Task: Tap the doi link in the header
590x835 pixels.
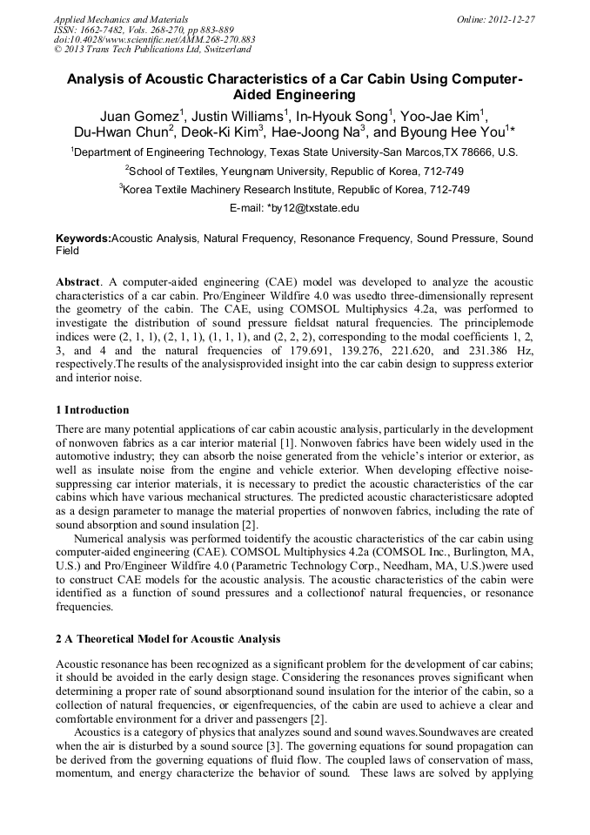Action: (x=154, y=39)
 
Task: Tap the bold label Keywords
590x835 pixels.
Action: (x=84, y=238)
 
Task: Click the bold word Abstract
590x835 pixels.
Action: (x=78, y=283)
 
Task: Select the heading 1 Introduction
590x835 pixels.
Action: (x=92, y=410)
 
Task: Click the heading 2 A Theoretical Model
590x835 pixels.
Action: (x=168, y=639)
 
